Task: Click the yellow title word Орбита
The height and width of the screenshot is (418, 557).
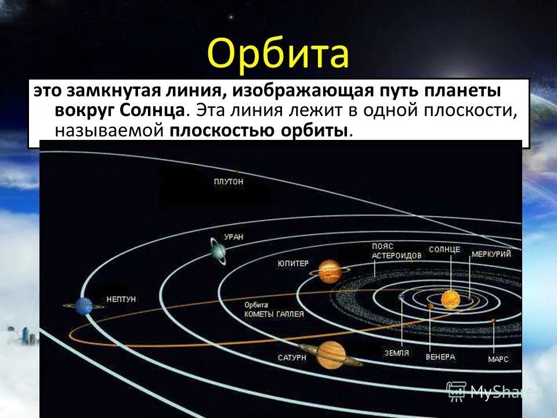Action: tap(278, 54)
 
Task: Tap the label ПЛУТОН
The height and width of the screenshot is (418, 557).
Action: tap(229, 182)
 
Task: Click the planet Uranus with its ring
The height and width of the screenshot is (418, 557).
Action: tap(218, 252)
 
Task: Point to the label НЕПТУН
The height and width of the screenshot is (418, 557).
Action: tap(121, 299)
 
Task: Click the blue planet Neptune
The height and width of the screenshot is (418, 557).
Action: tap(84, 305)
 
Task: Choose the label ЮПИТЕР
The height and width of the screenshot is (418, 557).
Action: tap(293, 263)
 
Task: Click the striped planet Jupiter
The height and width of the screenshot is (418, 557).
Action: tap(329, 271)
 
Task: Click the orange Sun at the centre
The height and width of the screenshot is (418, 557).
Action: tap(450, 299)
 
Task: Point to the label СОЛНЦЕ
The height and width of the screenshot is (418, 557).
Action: tap(444, 250)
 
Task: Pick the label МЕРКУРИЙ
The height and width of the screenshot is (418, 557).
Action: tap(491, 254)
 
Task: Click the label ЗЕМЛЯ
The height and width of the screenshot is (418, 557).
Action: tap(397, 352)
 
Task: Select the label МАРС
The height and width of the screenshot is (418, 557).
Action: tap(498, 359)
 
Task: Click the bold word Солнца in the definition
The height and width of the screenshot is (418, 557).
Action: tap(154, 110)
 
